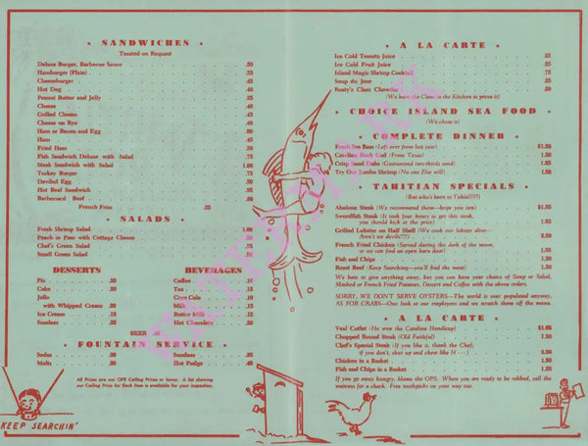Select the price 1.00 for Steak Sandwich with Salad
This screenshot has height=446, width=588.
pyautogui.click(x=249, y=166)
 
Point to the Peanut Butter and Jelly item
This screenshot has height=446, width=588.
pyautogui.click(x=70, y=99)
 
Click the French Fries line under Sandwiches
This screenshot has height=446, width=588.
pyautogui.click(x=123, y=207)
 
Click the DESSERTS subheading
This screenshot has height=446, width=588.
pyautogui.click(x=65, y=269)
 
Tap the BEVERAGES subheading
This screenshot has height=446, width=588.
pyautogui.click(x=207, y=269)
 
